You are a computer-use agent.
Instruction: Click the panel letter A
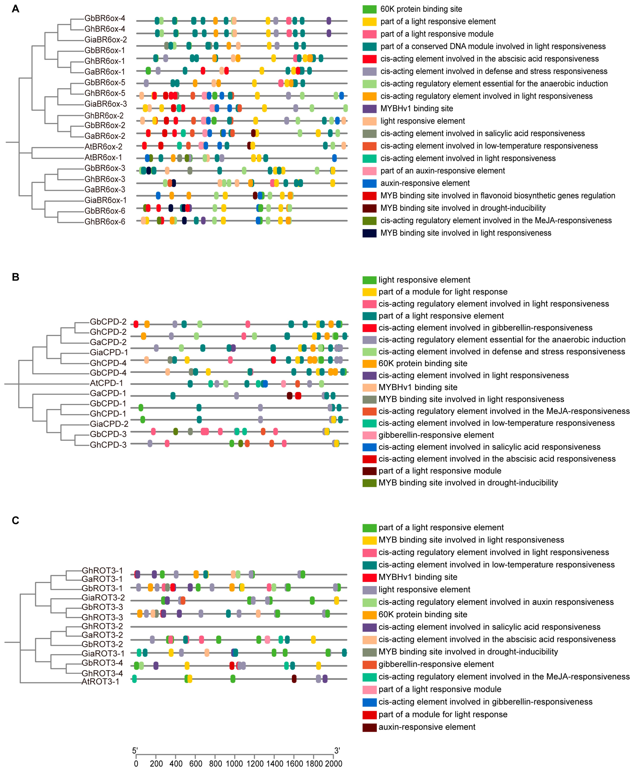coord(15,9)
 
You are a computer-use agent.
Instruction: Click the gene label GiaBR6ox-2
coord(106,39)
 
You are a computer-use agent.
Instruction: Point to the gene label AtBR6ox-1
coord(103,158)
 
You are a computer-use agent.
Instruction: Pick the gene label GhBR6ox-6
coord(105,221)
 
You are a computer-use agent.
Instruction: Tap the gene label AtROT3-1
coord(100,681)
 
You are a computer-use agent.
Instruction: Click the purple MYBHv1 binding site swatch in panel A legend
coord(369,109)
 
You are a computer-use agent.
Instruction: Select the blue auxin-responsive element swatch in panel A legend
coord(369,183)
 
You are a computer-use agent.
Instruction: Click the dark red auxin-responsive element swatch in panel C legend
coord(369,727)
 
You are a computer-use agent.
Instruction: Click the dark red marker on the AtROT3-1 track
coord(294,679)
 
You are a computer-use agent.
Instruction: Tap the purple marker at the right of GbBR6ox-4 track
coord(329,21)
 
